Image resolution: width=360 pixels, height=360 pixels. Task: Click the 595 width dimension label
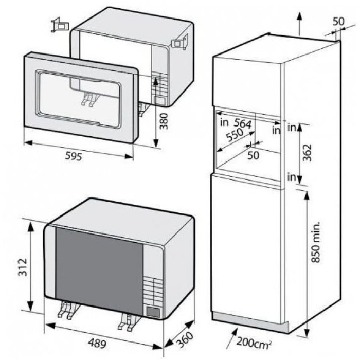(x=73, y=156)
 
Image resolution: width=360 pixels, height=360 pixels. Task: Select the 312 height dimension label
(x=23, y=267)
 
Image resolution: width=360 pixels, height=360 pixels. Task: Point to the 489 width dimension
(x=97, y=343)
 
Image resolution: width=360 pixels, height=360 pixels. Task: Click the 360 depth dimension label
(x=185, y=339)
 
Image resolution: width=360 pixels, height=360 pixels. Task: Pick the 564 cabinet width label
(x=242, y=123)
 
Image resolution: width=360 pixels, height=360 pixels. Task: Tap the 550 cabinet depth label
(x=235, y=135)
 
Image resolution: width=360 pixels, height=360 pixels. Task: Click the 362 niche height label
(x=307, y=153)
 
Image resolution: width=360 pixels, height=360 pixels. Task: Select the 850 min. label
(x=316, y=242)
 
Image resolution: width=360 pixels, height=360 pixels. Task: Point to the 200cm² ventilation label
(x=254, y=343)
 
